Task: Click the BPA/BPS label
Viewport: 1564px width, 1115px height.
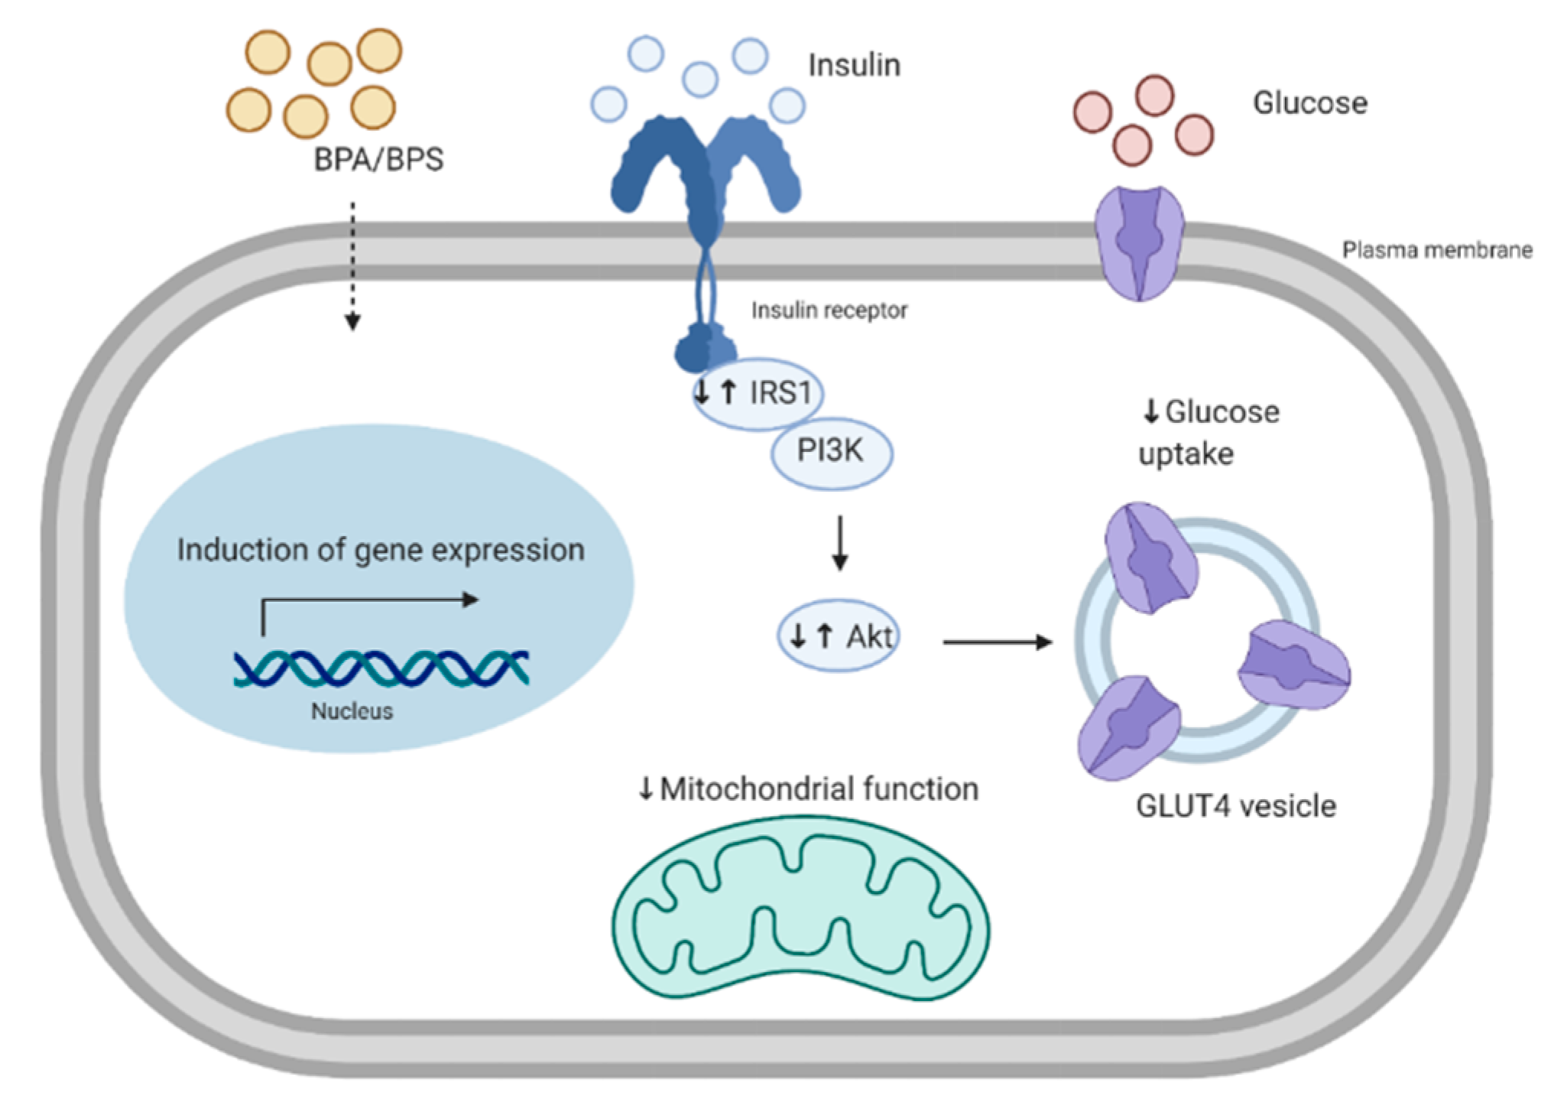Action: tap(378, 160)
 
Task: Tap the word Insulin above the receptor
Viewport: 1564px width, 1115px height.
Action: tap(855, 65)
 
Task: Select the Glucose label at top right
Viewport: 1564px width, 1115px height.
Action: tap(1310, 102)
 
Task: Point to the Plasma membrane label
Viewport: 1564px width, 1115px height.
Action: tap(1437, 250)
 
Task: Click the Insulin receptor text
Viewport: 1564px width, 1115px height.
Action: tap(829, 310)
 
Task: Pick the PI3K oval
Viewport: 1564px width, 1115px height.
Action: tap(832, 453)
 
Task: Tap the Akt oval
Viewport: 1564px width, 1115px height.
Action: tap(838, 636)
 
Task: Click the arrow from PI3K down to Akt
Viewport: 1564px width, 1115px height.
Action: tap(840, 543)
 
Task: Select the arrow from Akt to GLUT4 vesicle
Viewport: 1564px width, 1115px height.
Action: tap(998, 642)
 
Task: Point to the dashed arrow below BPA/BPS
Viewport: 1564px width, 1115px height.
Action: tap(352, 266)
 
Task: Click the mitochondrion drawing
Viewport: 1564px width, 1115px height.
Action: tap(800, 908)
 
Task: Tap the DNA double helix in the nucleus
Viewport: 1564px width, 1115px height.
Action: tap(381, 668)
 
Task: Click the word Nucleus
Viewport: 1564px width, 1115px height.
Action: tap(352, 711)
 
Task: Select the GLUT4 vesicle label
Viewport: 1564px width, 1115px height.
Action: tap(1236, 806)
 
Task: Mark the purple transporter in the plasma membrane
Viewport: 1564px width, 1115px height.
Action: tap(1140, 243)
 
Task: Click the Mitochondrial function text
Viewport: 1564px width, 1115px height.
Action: tap(819, 788)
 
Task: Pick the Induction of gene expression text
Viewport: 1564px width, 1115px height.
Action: tap(381, 550)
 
